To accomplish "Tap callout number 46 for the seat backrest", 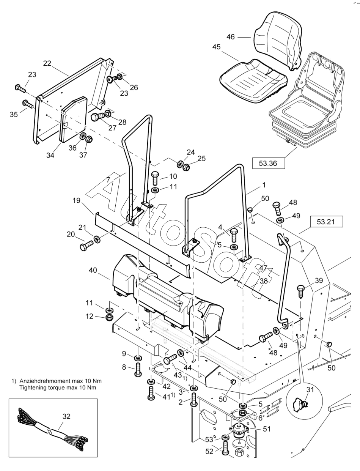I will pos(231,37).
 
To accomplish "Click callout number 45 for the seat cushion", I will pos(216,47).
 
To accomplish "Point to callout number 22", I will pos(47,63).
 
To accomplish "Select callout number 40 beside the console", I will pos(93,270).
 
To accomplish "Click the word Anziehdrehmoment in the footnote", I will pos(41,381).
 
